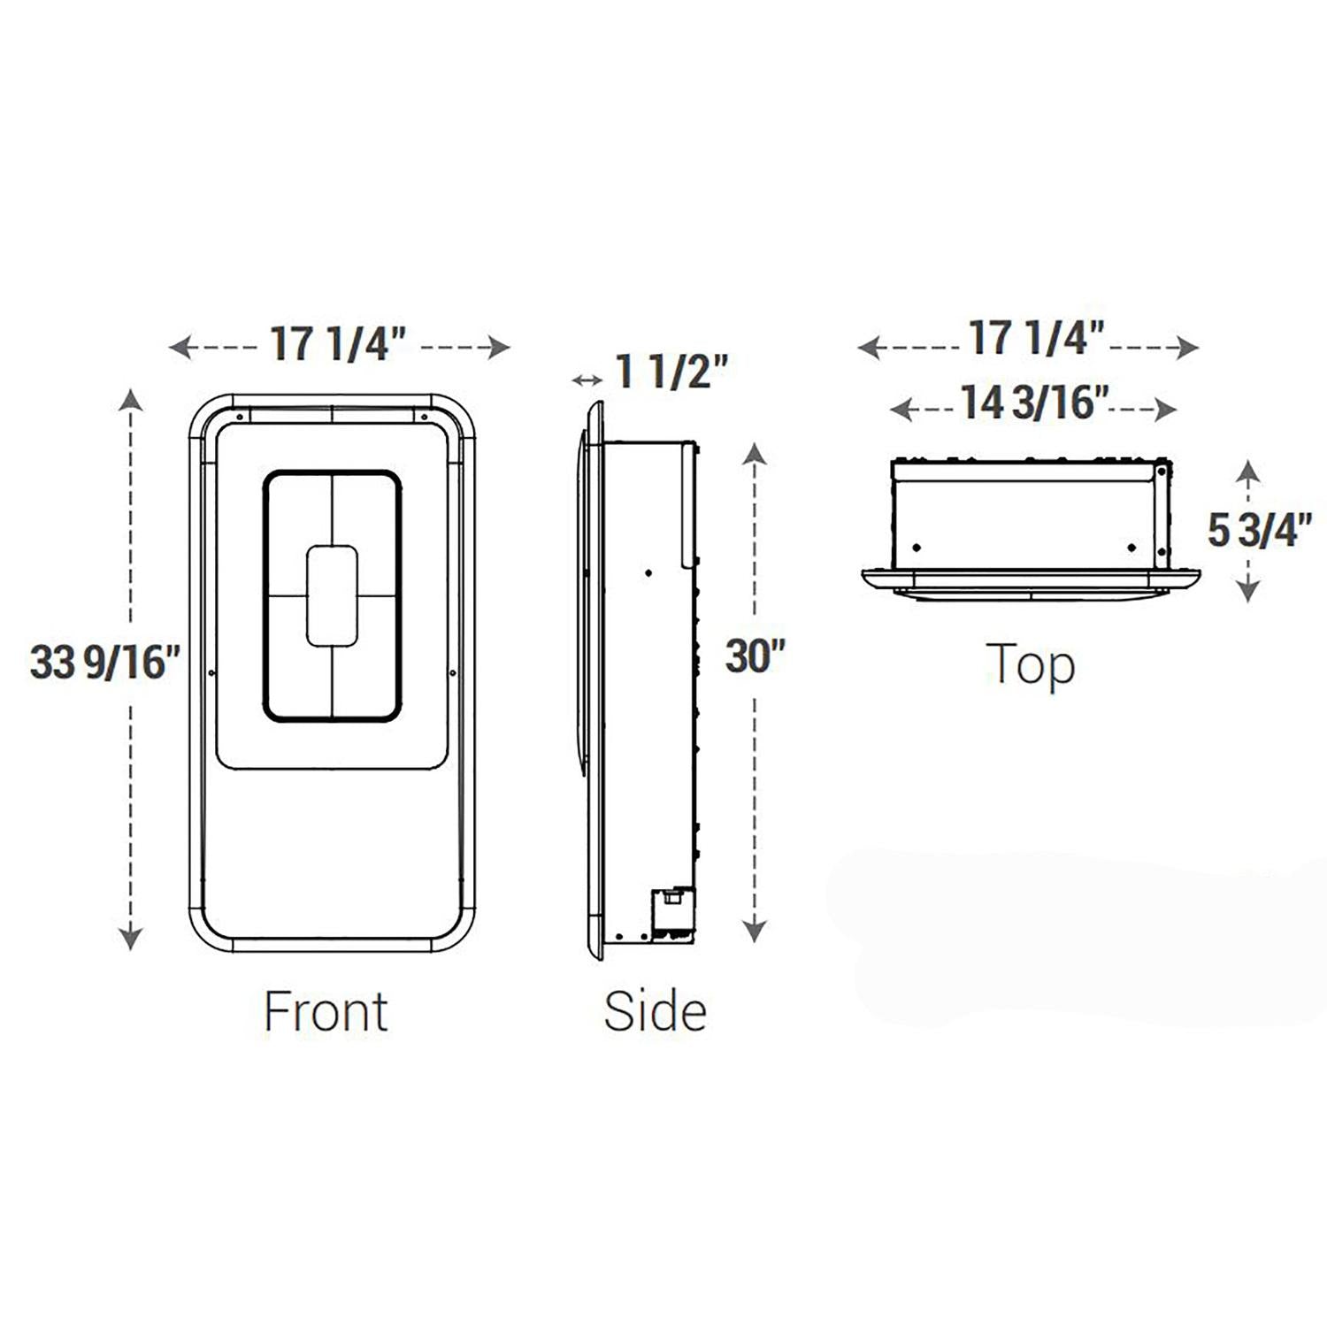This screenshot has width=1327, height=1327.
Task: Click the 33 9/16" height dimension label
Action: tap(105, 662)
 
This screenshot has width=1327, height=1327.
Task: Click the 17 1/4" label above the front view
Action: tap(338, 343)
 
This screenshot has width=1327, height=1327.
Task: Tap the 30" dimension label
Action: tap(756, 656)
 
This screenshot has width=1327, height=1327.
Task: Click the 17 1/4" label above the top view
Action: tap(1037, 338)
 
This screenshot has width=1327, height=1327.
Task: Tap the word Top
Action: tap(1031, 665)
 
